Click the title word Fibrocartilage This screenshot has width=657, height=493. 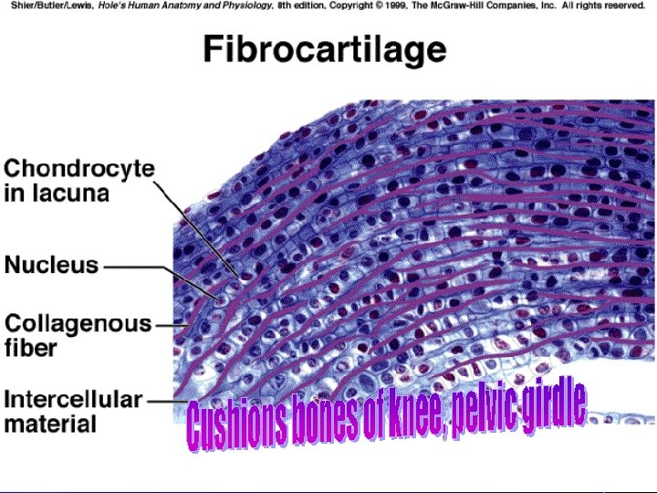pyautogui.click(x=324, y=49)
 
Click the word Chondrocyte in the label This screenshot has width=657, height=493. pyautogui.click(x=79, y=169)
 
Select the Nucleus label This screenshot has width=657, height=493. pyautogui.click(x=51, y=266)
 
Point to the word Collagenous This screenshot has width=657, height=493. pyautogui.click(x=78, y=324)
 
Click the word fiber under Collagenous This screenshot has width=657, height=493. pyautogui.click(x=31, y=348)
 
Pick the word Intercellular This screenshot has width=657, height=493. pyautogui.click(x=73, y=400)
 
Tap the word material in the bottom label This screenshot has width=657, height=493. pyautogui.click(x=50, y=424)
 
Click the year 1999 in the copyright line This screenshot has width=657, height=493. pyautogui.click(x=359, y=5)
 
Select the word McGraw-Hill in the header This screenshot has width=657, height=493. pyautogui.click(x=434, y=5)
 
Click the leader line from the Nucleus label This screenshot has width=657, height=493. pyautogui.click(x=137, y=267)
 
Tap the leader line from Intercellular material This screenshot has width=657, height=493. pyautogui.click(x=164, y=400)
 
